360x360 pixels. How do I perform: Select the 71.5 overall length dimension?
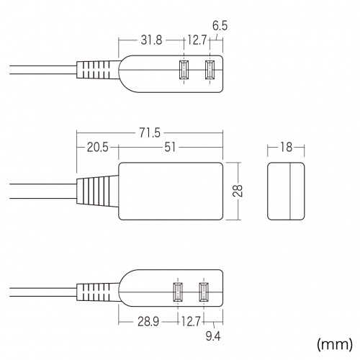150,132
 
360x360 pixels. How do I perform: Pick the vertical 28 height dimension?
238,191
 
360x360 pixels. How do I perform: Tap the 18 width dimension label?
286,148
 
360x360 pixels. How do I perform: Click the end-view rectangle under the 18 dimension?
286,191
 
